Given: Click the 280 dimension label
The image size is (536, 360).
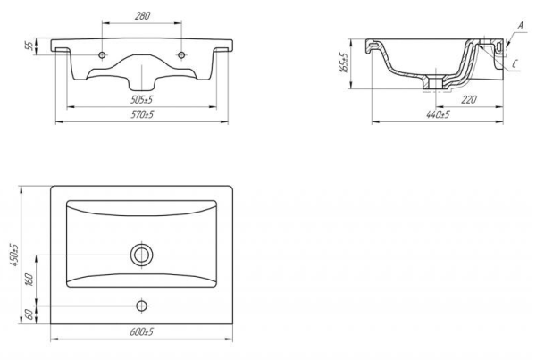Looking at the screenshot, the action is click(142, 16).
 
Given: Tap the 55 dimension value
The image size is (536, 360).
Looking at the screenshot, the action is click(30, 46).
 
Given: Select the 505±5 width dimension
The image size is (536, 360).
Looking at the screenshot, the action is click(142, 100).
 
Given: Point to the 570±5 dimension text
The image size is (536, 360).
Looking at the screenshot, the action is click(142, 114).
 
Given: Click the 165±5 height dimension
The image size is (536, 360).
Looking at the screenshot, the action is click(344, 63).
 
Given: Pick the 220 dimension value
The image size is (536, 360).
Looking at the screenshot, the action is click(469, 99).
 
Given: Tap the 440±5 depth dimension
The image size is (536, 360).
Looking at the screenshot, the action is click(438, 114).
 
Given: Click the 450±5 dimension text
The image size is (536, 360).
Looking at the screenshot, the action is click(15, 255).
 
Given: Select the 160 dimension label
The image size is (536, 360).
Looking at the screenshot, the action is click(30, 280).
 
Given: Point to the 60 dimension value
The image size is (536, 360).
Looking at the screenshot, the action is click(30, 314).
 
